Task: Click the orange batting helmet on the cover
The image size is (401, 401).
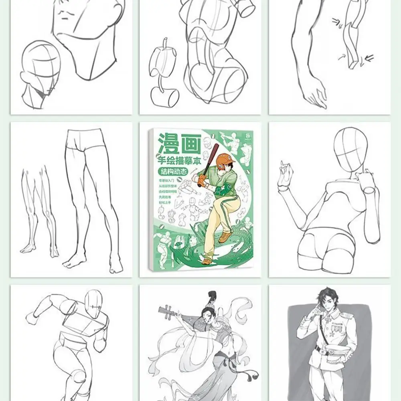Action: [225, 160]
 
